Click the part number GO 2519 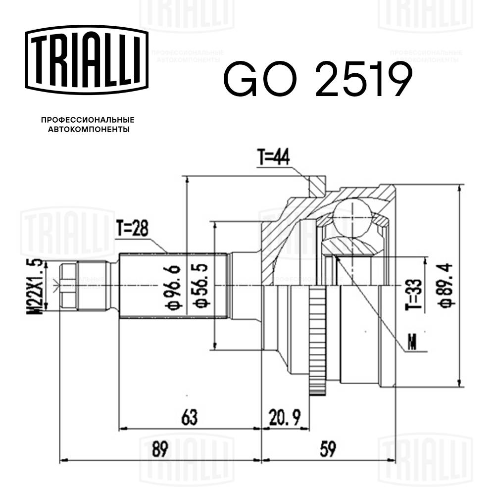[317, 80]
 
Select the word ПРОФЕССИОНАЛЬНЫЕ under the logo [88, 120]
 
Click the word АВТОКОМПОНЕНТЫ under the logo [88, 130]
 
